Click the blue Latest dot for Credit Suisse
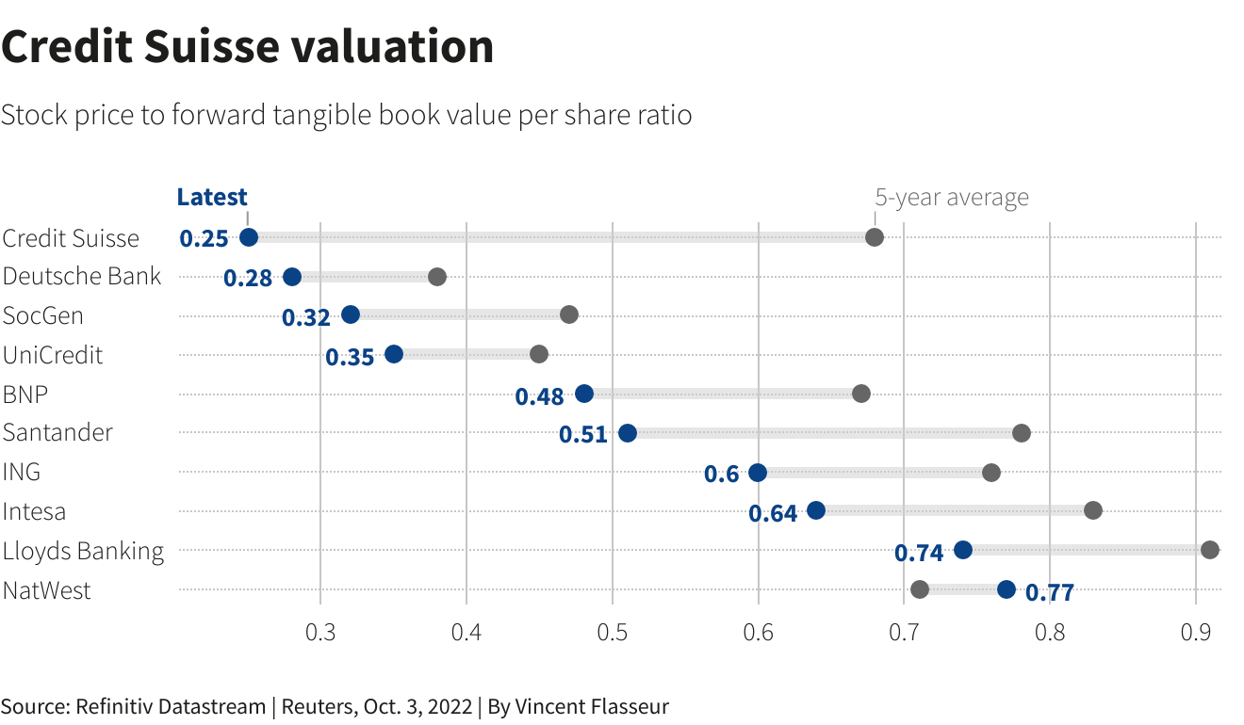coord(249,237)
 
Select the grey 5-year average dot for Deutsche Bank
coord(437,277)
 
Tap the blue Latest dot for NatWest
coord(1007,589)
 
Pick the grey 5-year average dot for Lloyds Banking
coord(1210,550)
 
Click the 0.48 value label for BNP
coord(539,396)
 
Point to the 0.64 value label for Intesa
coord(773,513)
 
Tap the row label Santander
coord(57,433)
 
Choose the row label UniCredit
coord(53,356)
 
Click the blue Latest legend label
coord(212,198)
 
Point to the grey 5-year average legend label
coord(952,198)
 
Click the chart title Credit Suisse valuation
coord(248,47)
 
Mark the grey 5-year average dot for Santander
coord(1022,433)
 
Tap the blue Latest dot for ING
coord(758,473)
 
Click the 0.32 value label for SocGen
coord(306,317)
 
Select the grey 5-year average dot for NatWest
coord(920,589)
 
